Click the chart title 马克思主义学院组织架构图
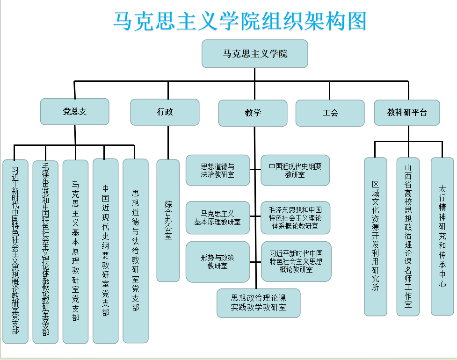coord(240,21)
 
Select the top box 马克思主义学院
coord(254,54)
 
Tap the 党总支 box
coord(75,112)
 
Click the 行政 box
coord(165,112)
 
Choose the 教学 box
coord(253,113)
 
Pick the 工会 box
coord(330,113)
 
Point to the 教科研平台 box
coord(407,113)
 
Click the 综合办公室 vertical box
coord(168,221)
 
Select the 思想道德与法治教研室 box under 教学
coord(218,171)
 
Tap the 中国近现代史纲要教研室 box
coord(295,171)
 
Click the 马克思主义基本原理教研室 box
coord(218,217)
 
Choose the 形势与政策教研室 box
coord(218,262)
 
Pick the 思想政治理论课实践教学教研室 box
coord(258,303)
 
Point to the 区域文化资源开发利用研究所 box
coord(376,237)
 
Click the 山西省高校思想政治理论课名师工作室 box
coord(408,237)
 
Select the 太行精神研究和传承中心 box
coord(442,237)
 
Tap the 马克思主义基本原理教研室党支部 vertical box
coord(75,252)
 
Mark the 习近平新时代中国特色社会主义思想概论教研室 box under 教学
coord(296,262)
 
